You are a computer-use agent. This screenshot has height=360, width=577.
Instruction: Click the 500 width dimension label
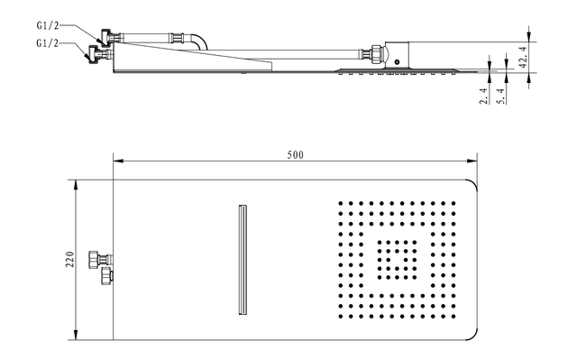tap(295, 155)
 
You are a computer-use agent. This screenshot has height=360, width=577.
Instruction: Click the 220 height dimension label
tap(70, 259)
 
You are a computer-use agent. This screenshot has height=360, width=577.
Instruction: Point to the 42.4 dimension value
tap(524, 57)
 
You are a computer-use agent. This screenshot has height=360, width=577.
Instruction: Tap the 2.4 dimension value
tap(484, 96)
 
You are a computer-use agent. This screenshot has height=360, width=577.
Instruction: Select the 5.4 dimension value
tap(501, 96)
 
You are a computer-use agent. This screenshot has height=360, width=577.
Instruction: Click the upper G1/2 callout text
tap(48, 26)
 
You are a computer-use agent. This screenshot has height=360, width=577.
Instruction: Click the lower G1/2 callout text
tap(48, 43)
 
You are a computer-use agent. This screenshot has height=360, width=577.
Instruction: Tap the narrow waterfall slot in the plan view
tap(243, 260)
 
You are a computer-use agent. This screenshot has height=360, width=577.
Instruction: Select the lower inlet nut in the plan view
tap(106, 276)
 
